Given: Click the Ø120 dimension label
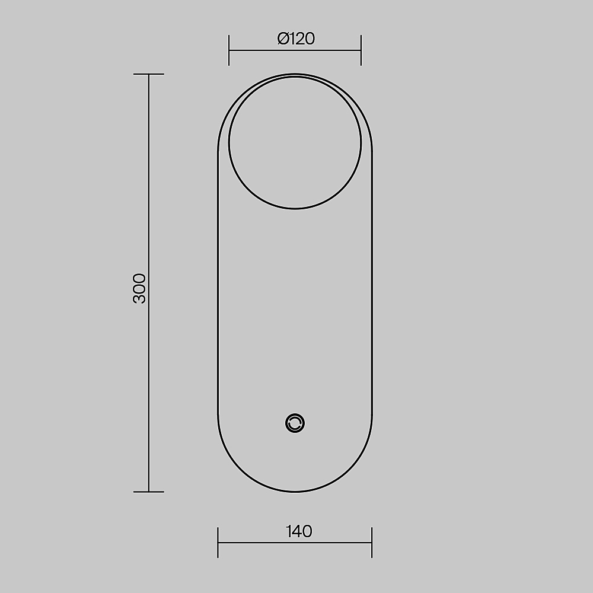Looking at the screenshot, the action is click(x=296, y=39).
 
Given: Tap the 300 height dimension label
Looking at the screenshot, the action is click(x=139, y=289).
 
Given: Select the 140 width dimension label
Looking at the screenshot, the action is click(x=299, y=531).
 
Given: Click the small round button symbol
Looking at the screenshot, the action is click(x=295, y=423).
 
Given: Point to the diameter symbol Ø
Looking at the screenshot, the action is click(x=283, y=39).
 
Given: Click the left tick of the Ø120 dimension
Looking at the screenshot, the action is click(x=229, y=50).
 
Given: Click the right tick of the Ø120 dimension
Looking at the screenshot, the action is click(x=361, y=50).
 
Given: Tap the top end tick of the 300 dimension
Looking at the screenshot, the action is click(x=149, y=74).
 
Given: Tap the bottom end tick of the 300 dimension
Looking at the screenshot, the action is click(x=149, y=492).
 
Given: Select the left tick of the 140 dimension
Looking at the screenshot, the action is click(x=218, y=543).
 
